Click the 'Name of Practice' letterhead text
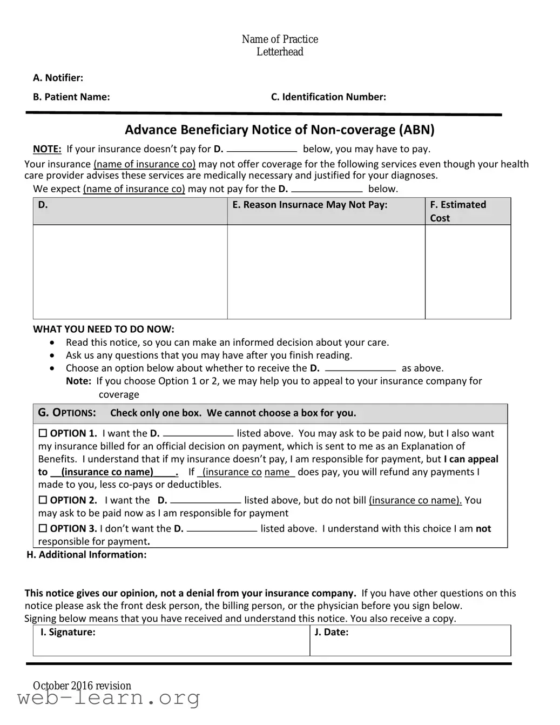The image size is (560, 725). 280,39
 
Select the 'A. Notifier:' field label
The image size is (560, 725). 58,78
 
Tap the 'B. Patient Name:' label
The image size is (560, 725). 71,97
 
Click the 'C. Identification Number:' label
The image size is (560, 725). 328,97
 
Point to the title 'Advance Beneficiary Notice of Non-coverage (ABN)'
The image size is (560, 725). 280,130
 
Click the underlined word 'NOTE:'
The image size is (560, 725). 47,149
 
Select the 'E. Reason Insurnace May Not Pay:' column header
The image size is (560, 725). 309,205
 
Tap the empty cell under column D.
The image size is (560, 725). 130,272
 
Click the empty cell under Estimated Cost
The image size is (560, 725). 468,272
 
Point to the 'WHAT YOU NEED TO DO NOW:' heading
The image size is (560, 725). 104,330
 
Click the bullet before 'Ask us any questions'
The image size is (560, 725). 52,355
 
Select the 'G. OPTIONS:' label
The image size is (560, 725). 67,413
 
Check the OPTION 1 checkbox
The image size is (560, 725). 43,433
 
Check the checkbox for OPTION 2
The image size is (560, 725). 43,500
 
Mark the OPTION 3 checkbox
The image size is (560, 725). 43,529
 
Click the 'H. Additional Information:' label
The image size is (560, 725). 86,555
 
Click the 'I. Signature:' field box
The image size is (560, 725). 172,641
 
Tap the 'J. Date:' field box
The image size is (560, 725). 410,641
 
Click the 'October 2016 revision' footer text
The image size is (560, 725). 82,686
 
